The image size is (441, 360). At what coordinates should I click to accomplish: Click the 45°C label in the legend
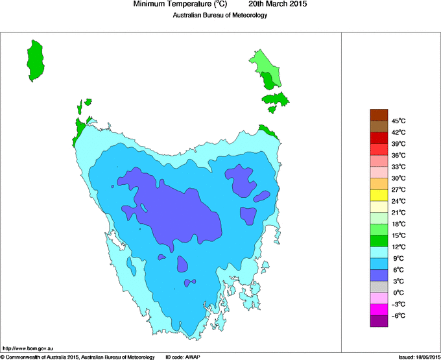(398, 121)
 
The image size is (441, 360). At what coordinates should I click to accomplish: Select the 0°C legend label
(398, 293)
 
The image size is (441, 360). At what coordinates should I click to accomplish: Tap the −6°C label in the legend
(398, 315)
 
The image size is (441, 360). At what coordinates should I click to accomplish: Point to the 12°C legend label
(398, 246)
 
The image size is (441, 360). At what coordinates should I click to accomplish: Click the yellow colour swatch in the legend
(379, 195)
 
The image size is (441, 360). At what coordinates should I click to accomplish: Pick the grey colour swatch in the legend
(379, 287)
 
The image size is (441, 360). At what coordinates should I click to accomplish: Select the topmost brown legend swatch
(379, 115)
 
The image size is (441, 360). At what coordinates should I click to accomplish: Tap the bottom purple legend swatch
(379, 321)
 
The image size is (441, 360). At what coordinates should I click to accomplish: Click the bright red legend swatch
(379, 138)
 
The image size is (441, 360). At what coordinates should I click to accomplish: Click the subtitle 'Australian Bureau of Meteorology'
(220, 16)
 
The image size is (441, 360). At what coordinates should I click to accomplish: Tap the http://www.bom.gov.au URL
(27, 349)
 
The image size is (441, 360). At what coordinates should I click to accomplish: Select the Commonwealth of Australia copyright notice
(78, 357)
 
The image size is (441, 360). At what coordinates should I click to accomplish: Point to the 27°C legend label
(398, 189)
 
